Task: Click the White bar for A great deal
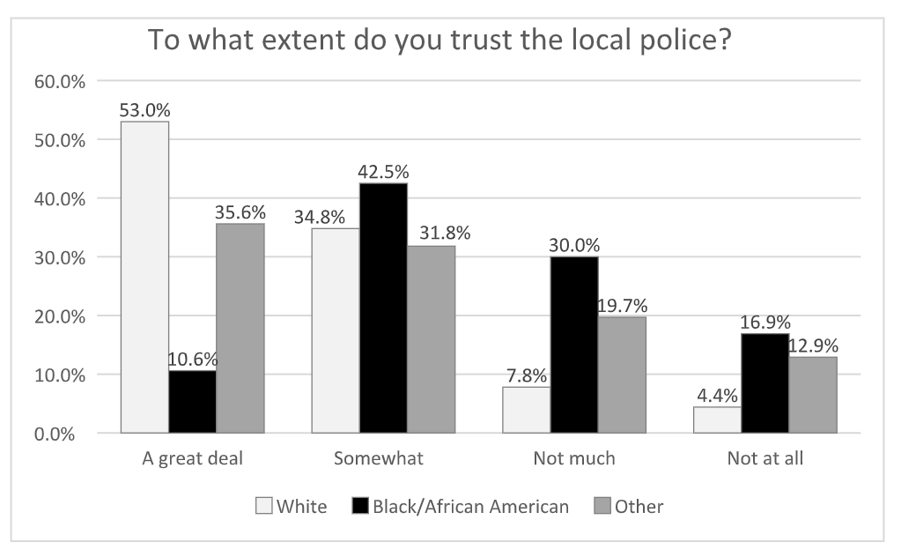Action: [x=144, y=277]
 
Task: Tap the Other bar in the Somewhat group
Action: [x=431, y=339]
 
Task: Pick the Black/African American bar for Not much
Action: [x=574, y=345]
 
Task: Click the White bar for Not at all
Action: [x=717, y=420]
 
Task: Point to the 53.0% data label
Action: [x=145, y=111]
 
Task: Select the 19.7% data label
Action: [x=622, y=306]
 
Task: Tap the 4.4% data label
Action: [x=717, y=396]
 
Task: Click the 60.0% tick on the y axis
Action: [x=61, y=81]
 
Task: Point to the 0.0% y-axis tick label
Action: [x=64, y=434]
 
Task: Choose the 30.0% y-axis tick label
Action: [x=61, y=257]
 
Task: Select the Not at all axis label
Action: [x=765, y=459]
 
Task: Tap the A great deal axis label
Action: [x=192, y=459]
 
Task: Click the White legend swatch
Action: [x=263, y=507]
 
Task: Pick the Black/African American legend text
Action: [x=470, y=507]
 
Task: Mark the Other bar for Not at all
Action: [x=812, y=395]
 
